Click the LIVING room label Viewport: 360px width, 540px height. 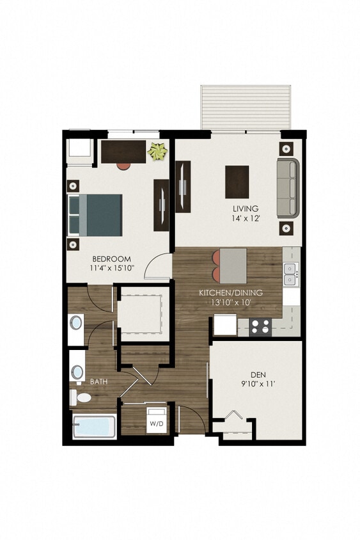[x=246, y=209]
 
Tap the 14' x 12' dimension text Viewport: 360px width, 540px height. [x=246, y=218]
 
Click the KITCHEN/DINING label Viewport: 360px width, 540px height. [x=231, y=293]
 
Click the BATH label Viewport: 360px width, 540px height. [x=98, y=381]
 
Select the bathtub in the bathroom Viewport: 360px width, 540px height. [x=94, y=427]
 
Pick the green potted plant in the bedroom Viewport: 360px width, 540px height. [x=157, y=152]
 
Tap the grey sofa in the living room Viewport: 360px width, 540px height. [x=288, y=188]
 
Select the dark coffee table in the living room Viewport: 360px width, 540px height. [x=237, y=182]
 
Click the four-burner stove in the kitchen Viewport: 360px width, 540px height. [x=260, y=326]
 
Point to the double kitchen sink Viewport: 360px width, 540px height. [x=290, y=274]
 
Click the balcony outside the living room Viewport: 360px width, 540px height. [x=246, y=107]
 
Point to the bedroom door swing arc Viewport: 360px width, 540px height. [x=155, y=267]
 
